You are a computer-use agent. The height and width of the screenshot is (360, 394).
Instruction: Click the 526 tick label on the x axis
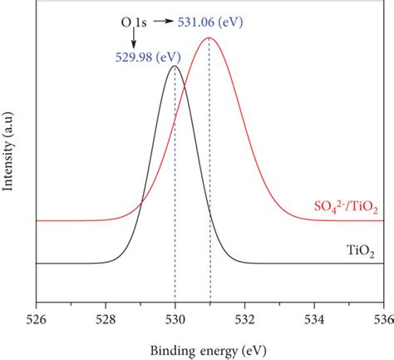coord(36,318)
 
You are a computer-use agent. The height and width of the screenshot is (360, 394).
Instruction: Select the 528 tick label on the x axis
coord(106,318)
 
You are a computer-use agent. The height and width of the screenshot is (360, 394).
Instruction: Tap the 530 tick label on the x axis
coord(175,318)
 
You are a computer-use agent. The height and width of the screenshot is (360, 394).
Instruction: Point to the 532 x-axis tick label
coord(244,318)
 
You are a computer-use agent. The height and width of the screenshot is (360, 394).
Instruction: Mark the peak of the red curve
coord(209,38)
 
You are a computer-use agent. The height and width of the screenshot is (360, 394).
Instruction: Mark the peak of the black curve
coord(175,67)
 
